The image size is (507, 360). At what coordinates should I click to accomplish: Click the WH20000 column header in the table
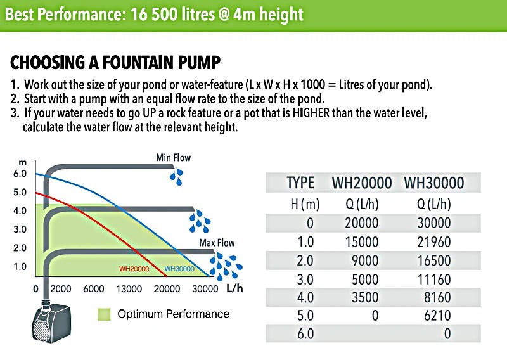coord(362,183)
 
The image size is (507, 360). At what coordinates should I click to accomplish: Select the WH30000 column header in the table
coord(433,183)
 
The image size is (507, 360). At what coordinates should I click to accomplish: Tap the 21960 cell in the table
coord(434,242)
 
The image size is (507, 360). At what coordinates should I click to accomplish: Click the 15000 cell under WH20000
coord(362,242)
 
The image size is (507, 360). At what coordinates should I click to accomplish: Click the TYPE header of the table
coord(300,183)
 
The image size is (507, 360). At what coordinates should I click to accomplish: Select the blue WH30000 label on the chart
coord(179,269)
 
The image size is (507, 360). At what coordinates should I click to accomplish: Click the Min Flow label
coord(173,157)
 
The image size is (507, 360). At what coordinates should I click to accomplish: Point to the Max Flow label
coord(217,243)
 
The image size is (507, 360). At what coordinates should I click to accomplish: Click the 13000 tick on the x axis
coord(129,289)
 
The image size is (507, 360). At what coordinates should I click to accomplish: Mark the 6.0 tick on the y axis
coord(20,173)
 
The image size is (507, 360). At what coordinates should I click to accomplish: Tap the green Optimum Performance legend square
coord(105,314)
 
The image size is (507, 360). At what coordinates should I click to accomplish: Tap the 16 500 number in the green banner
coord(160,13)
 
